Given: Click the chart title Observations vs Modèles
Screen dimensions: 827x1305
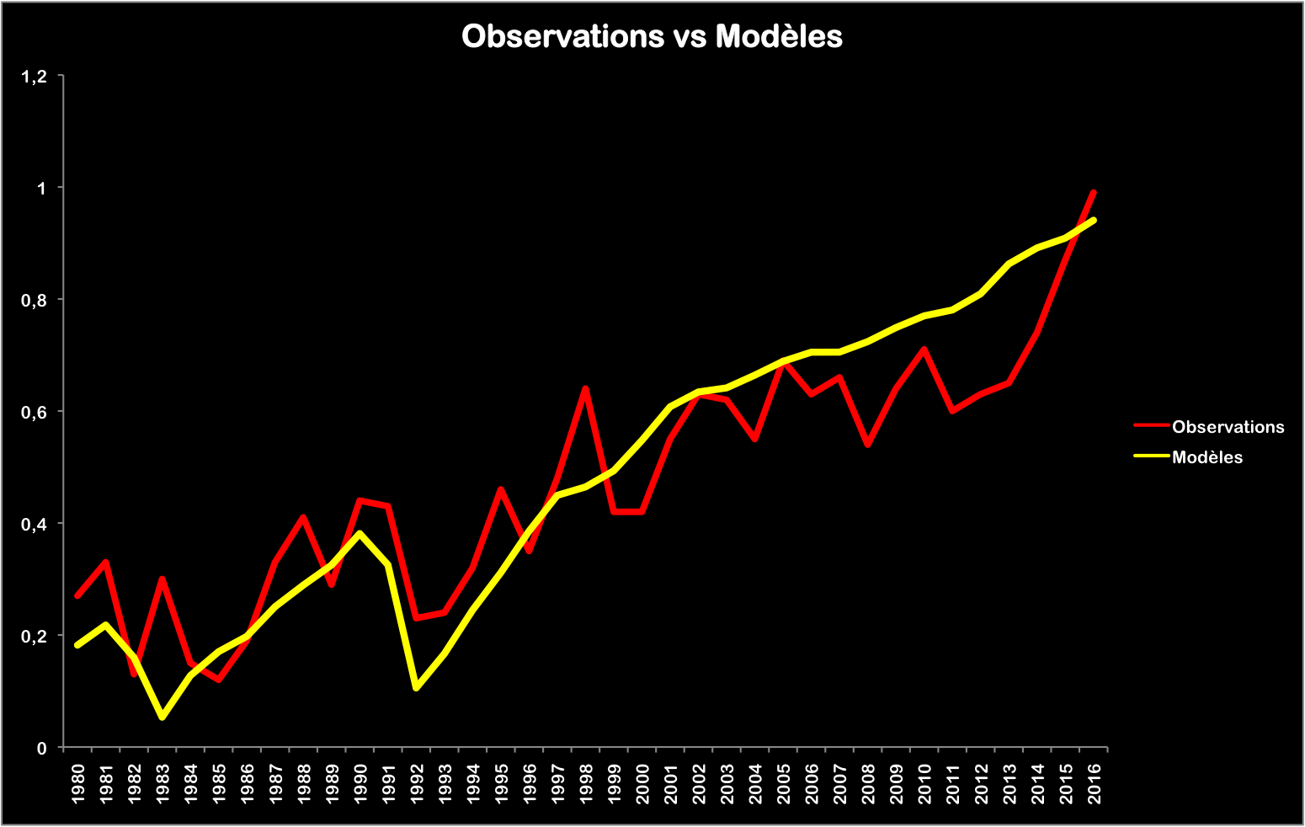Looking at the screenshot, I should (x=652, y=36).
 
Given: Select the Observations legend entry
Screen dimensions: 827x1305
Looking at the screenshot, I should (x=1228, y=427).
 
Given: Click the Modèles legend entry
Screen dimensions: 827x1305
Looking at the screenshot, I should (x=1206, y=457).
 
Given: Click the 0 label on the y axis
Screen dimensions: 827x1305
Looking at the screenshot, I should (x=41, y=748).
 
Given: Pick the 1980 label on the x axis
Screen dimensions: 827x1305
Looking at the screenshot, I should (x=78, y=784).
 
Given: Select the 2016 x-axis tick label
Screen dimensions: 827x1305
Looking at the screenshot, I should (x=1094, y=784).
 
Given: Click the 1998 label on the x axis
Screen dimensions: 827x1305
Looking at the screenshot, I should (x=586, y=784).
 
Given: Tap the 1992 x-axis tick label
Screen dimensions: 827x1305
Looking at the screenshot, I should (x=417, y=784).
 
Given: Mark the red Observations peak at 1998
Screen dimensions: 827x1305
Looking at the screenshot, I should (x=585, y=388).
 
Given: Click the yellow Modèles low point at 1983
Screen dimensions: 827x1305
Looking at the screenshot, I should (x=162, y=718).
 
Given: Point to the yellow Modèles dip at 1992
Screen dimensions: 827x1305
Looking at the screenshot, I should (x=416, y=689).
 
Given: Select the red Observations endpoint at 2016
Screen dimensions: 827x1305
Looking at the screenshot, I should (x=1093, y=193).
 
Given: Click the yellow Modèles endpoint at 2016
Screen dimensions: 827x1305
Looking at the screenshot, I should (x=1094, y=221).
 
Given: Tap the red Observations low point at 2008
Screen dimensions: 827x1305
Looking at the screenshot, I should (x=867, y=445).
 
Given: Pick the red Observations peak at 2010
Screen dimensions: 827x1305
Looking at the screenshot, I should (x=924, y=349).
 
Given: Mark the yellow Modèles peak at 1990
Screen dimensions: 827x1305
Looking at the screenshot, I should (x=360, y=533).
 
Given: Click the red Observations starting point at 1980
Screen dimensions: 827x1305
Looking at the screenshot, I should (x=77, y=596).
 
